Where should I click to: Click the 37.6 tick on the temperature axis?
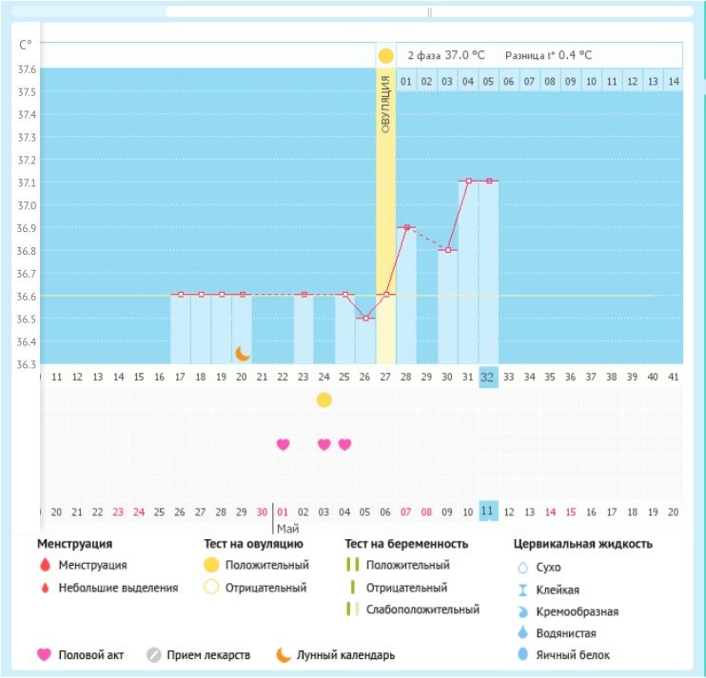[x=26, y=69]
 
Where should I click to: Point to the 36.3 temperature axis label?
[x=26, y=364]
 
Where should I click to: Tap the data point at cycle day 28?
[x=406, y=227]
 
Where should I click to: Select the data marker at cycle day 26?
[x=365, y=318]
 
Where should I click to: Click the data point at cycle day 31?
[x=468, y=181]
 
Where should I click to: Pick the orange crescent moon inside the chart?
[x=243, y=353]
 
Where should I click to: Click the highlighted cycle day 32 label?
[x=488, y=377]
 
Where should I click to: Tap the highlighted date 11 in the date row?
[x=487, y=512]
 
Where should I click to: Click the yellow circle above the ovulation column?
[x=385, y=56]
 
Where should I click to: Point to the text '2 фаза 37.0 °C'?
[x=439, y=56]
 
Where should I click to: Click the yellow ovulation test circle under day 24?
[x=324, y=399]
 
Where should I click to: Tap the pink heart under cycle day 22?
[x=283, y=444]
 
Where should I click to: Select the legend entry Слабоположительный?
[x=422, y=610]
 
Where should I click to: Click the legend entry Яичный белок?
[x=579, y=654]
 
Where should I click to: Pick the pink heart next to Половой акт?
[x=44, y=654]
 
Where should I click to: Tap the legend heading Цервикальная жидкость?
[x=581, y=544]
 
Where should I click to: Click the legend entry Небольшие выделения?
[x=118, y=588]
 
